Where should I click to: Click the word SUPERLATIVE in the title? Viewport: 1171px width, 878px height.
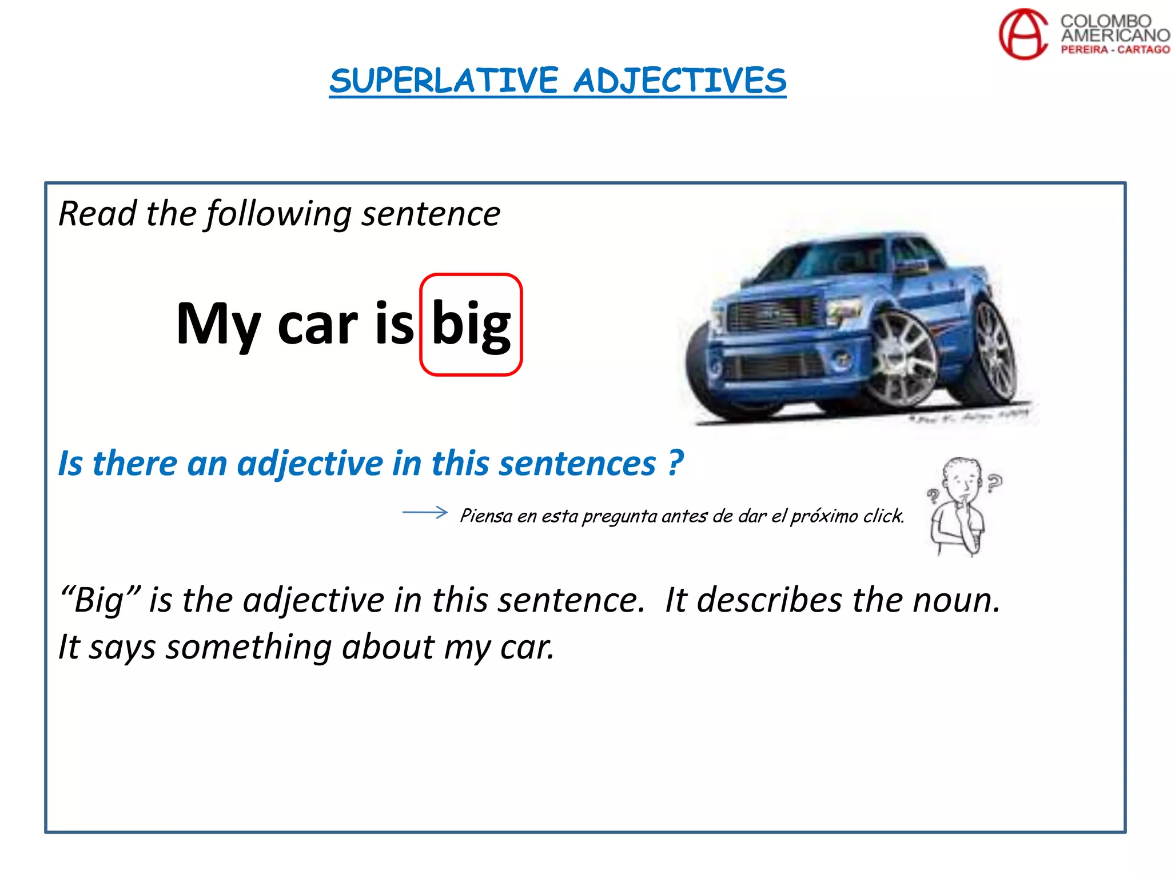point(444,81)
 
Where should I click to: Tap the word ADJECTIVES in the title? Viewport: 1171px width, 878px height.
point(680,81)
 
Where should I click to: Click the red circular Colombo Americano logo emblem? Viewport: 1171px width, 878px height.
point(1023,34)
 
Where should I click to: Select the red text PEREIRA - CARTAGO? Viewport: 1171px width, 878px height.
point(1115,50)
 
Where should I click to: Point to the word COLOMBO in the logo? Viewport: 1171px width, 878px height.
point(1106,21)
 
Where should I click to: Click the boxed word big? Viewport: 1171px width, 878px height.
point(471,324)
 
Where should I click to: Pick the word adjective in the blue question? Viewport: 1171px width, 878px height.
point(310,463)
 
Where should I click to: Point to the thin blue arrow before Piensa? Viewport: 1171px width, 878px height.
point(425,512)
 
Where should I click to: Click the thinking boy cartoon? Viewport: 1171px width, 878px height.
point(962,506)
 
